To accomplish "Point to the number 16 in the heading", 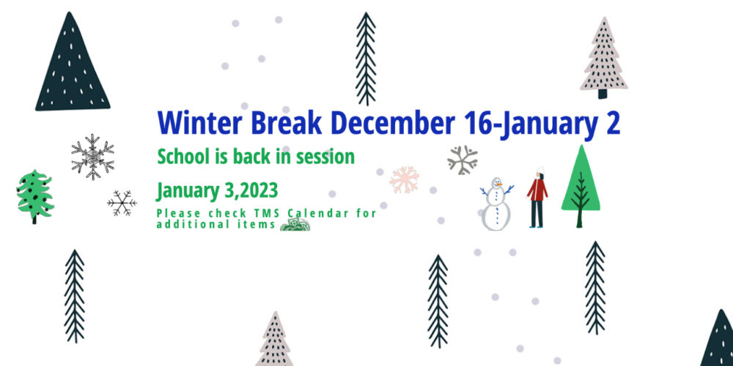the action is point(477,123).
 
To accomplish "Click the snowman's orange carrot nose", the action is point(500,184).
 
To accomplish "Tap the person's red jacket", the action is point(537,190).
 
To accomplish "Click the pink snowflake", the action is point(405,180).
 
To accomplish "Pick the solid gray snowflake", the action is point(463,160).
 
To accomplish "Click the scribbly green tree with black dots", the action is point(34,195).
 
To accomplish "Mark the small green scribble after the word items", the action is point(295,225).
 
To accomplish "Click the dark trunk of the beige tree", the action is point(603,94).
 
